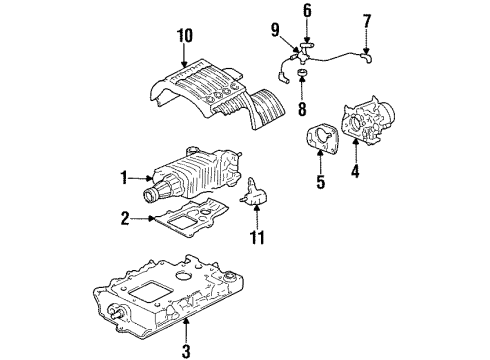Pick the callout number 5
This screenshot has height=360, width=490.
point(321,184)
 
